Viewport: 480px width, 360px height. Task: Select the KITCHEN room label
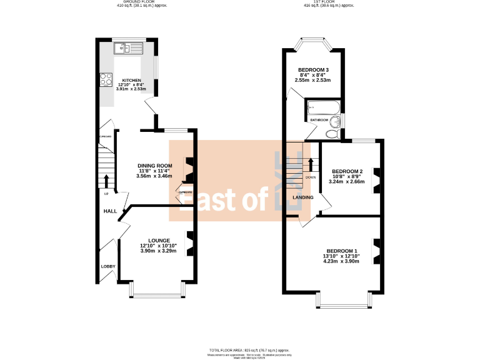point(131,81)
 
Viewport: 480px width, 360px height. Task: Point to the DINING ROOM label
point(155,166)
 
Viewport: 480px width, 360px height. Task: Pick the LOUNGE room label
point(159,240)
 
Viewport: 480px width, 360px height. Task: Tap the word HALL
point(110,212)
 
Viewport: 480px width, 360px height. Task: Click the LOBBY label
point(108,267)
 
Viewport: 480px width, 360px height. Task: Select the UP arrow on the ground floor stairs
point(106,181)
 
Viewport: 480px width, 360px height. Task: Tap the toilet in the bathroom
point(332,133)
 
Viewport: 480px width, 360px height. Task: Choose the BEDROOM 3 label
point(313,69)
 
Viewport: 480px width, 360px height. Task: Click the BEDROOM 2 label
point(347,171)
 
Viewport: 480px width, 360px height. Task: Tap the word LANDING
point(303,197)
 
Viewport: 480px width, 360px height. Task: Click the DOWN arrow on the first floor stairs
point(310,164)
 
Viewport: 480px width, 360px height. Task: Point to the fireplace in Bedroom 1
point(376,249)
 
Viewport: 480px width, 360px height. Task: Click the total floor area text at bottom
point(249,350)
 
